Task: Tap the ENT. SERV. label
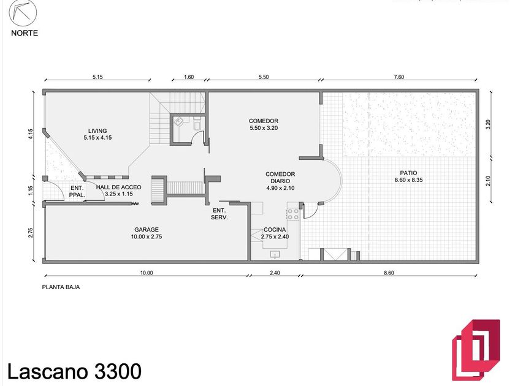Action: click(x=219, y=214)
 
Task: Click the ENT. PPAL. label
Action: click(x=77, y=192)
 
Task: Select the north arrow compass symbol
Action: click(x=23, y=13)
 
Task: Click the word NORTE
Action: click(x=25, y=33)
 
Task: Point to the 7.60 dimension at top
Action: click(x=399, y=77)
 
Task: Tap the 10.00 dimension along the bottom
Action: click(x=147, y=273)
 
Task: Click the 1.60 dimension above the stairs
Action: click(x=189, y=77)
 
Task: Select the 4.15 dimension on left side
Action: click(x=31, y=135)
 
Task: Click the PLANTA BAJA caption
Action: click(x=61, y=287)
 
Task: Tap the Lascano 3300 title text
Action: click(x=75, y=371)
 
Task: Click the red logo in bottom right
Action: click(x=476, y=350)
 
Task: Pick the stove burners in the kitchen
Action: click(x=292, y=214)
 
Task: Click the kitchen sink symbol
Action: click(x=275, y=254)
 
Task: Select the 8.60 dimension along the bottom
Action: click(x=389, y=273)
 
